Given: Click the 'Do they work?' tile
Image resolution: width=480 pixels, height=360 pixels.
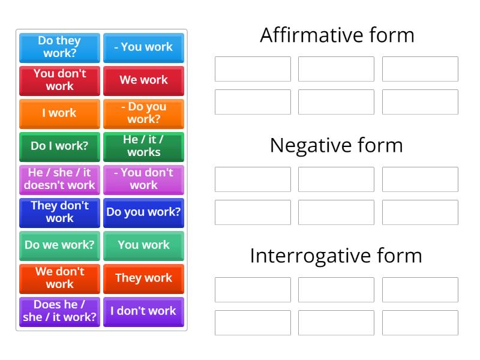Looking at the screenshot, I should pos(59,47).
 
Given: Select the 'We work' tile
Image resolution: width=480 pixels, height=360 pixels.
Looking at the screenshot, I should pos(143,80).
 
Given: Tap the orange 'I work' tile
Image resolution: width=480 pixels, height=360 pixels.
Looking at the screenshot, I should pos(59,113).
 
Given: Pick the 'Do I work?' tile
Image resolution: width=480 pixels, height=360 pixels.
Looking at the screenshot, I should pos(59,146).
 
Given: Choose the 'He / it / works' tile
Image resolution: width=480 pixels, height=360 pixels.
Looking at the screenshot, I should pos(143,146).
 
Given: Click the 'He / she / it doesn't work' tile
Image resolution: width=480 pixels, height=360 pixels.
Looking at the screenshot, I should pos(59,179).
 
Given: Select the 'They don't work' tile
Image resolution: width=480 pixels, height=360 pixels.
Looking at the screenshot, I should pos(59,212).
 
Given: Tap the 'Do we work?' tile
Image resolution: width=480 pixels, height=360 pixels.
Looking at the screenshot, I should pos(59,245).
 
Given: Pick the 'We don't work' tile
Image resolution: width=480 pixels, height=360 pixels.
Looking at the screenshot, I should pos(59,278).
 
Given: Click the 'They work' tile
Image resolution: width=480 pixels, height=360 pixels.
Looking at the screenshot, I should pos(143,278).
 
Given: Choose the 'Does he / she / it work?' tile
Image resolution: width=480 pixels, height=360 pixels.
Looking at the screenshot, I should pos(59,311).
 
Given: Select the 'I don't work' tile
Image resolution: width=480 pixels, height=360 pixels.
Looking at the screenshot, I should pos(143,311).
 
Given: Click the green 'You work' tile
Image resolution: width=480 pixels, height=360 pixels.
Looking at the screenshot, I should pos(143,245).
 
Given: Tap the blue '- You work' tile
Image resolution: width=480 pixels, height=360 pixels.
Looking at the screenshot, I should pos(143,47).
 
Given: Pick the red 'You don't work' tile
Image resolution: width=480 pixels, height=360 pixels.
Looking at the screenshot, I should pos(59,80).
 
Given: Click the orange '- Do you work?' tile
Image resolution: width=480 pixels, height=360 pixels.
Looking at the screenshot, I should pos(143,113).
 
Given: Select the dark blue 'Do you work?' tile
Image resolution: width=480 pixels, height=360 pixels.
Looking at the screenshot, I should pos(143,212).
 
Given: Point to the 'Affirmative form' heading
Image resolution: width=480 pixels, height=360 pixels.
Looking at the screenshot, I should pos(337,35).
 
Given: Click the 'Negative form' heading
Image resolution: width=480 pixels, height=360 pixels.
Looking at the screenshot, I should pos(337,145).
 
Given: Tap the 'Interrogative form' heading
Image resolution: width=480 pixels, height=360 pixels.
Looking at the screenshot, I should pos(337,256).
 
